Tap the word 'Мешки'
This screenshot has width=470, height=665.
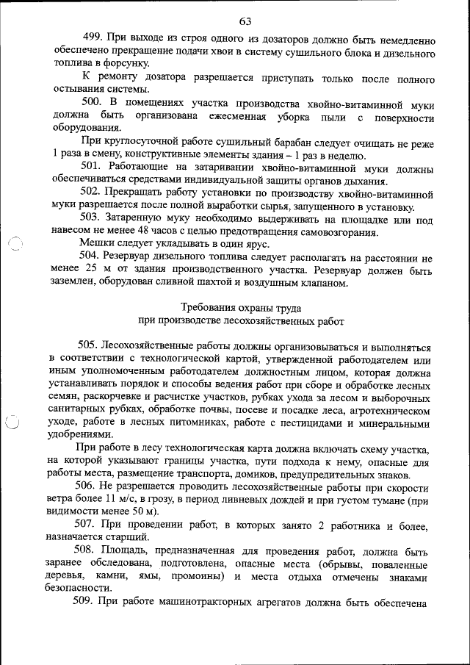(x=97, y=243)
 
